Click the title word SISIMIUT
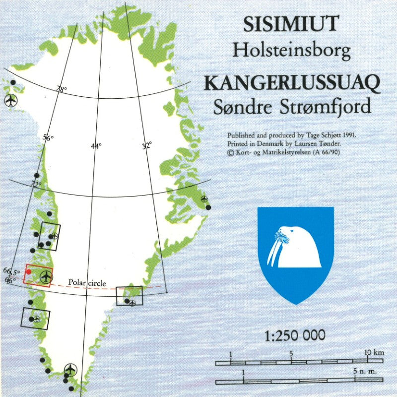tap(291, 24)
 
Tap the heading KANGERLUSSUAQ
tap(292, 82)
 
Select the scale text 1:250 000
tap(295, 335)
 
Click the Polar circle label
tap(87, 282)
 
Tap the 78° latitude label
tap(62, 90)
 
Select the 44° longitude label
tap(96, 146)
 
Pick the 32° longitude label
tap(147, 146)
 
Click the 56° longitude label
tap(48, 138)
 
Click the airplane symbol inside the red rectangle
tap(46, 277)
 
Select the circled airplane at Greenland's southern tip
tap(71, 370)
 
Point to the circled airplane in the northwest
tap(10, 100)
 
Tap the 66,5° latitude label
tap(11, 271)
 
